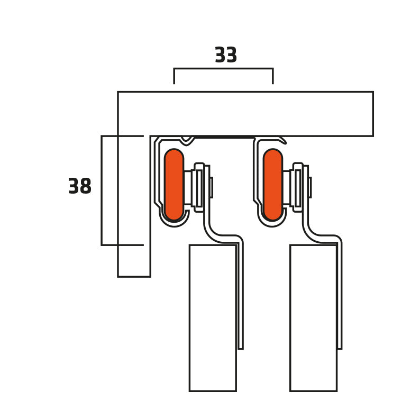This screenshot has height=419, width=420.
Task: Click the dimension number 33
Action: [x=226, y=55]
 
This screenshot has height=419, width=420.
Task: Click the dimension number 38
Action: [x=80, y=186]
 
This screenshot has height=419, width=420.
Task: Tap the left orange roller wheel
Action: [x=174, y=185]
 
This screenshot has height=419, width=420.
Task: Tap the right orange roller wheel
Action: [x=273, y=185]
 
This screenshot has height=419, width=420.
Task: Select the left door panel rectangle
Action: [x=213, y=318]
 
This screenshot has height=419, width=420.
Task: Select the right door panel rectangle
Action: [x=313, y=318]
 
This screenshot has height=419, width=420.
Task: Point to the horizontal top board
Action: [x=245, y=114]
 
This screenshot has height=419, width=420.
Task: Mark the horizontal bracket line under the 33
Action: [x=223, y=69]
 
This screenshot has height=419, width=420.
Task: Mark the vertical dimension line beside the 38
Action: [x=102, y=190]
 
